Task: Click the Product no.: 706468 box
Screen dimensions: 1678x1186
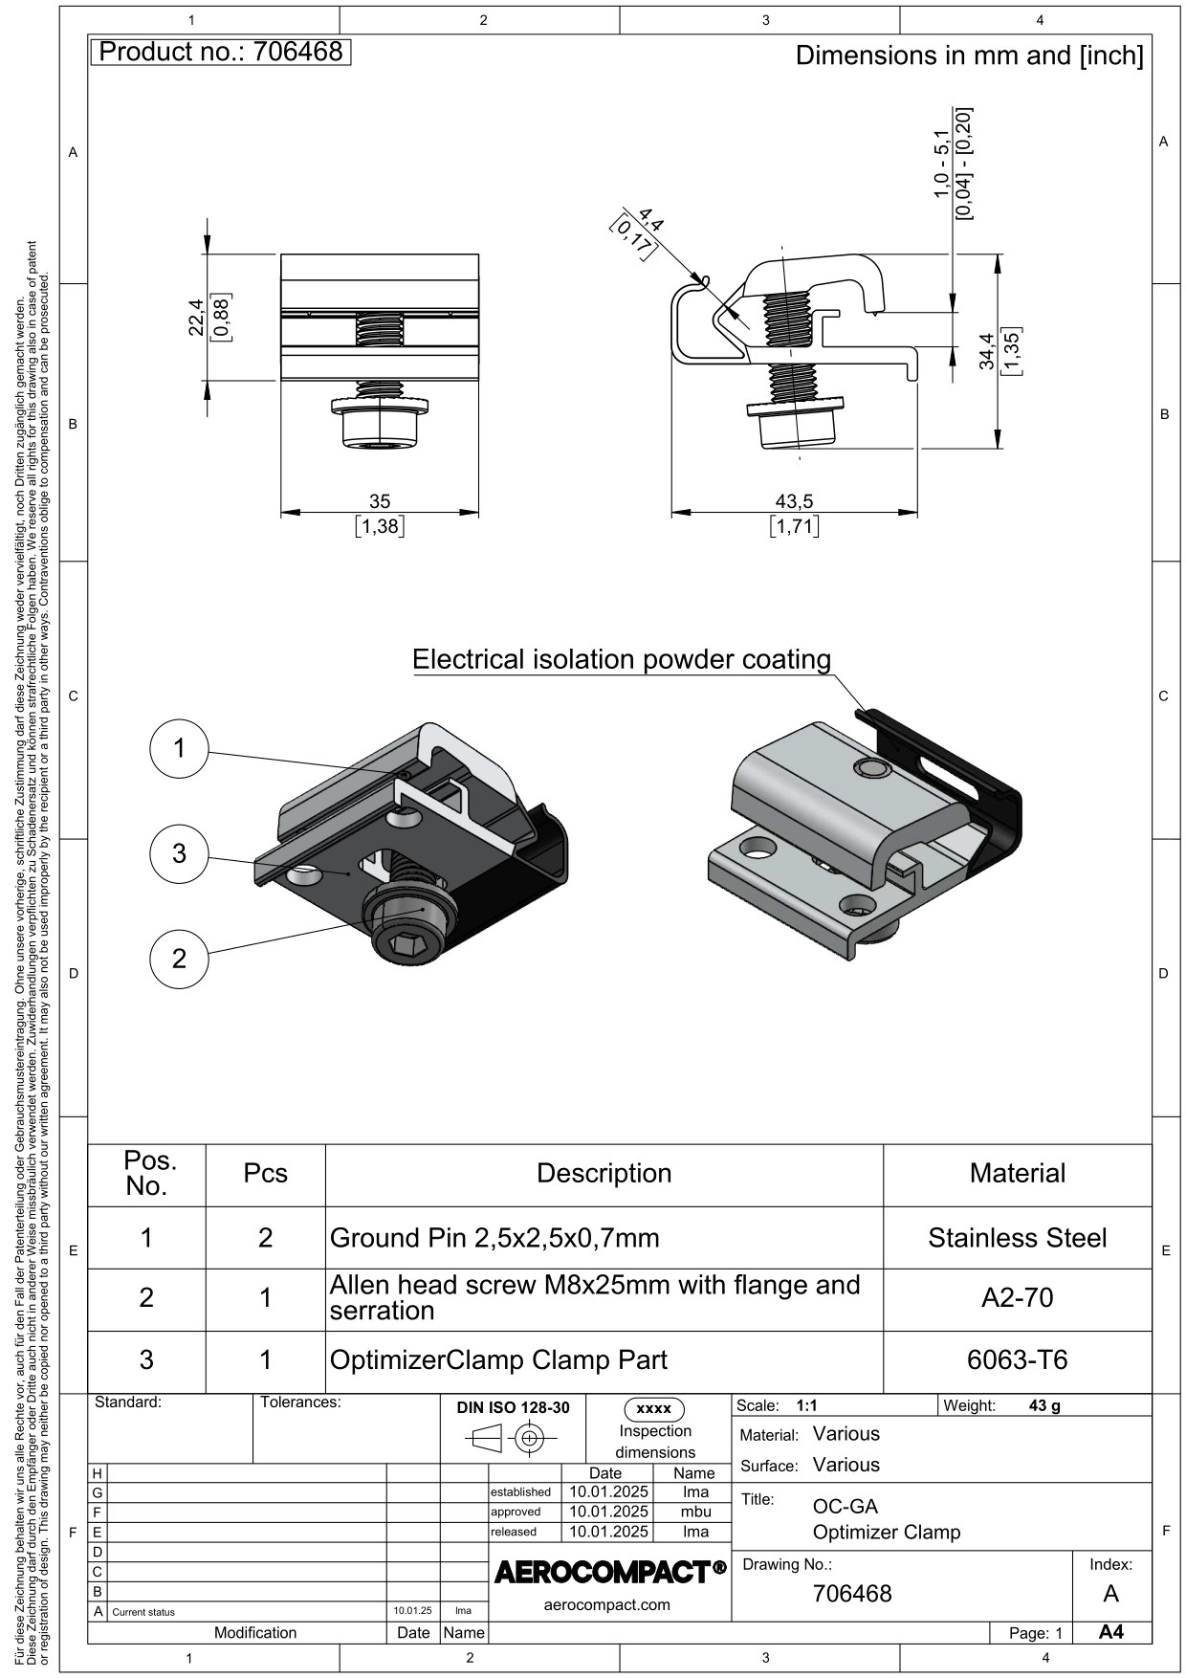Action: point(221,52)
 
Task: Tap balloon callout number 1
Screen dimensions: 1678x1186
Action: point(180,748)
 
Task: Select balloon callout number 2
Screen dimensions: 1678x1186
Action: point(180,958)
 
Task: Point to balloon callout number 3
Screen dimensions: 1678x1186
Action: point(180,852)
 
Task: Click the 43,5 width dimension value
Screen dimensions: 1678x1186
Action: point(794,501)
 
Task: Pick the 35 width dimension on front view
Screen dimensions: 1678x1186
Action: point(380,501)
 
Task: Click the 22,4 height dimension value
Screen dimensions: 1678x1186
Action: point(196,317)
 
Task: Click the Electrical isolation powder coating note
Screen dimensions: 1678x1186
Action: point(622,659)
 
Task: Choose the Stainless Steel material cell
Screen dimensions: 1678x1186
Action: point(1017,1238)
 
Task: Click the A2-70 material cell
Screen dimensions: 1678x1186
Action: point(1017,1298)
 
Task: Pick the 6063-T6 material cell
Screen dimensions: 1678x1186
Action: point(1017,1359)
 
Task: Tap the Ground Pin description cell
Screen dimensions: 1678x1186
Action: point(494,1238)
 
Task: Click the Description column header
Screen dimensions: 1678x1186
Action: point(604,1174)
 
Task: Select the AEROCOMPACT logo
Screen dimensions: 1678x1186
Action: point(609,1572)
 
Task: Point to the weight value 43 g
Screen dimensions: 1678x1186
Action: point(1043,1405)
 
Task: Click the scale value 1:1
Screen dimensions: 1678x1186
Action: point(806,1405)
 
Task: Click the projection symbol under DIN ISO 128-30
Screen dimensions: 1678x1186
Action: point(512,1438)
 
